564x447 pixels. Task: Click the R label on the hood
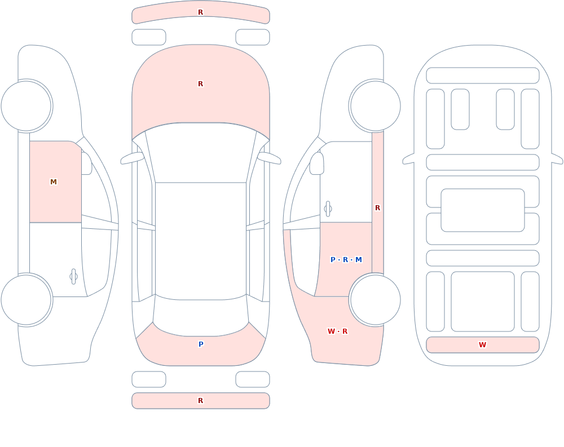coord(200,84)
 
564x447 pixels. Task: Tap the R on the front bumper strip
coord(200,12)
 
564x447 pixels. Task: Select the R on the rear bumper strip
coord(200,401)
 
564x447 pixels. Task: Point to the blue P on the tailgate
coord(201,344)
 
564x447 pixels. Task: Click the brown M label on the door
coord(53,182)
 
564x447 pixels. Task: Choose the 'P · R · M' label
coord(346,260)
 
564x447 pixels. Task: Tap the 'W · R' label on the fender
coord(337,331)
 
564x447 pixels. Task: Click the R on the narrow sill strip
coord(377,208)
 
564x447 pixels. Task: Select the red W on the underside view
coord(482,345)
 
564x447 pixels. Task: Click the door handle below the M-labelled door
coord(73,277)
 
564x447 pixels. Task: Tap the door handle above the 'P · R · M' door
coord(328,209)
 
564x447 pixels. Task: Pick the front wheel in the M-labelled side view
coord(27,106)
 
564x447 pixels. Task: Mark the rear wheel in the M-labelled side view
coord(27,300)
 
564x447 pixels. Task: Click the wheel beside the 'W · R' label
coord(375,300)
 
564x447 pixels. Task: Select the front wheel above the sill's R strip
coord(375,106)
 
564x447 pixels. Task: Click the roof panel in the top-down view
coord(201,240)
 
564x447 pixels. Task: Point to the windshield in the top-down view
coord(201,153)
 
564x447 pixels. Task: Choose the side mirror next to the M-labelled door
coord(86,163)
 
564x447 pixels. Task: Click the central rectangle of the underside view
coord(483,210)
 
